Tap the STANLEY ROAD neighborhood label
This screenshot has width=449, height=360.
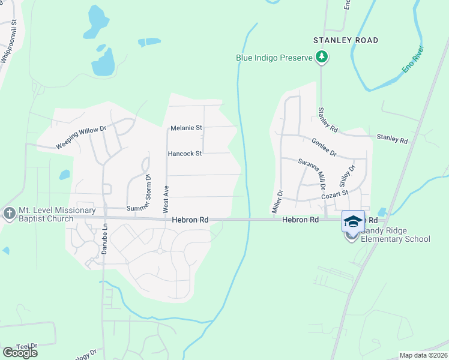click(346, 40)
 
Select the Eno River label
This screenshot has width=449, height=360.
click(414, 59)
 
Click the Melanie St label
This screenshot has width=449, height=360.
click(187, 128)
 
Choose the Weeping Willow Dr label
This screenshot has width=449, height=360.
click(81, 137)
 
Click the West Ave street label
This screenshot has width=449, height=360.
click(166, 199)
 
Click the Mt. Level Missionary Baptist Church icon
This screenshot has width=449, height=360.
click(9, 214)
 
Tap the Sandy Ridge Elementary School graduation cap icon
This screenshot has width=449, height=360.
click(353, 222)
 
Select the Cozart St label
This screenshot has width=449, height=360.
click(334, 194)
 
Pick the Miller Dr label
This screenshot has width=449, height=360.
click(277, 200)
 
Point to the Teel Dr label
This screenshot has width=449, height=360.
click(26, 346)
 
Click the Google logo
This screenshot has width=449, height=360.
click(20, 353)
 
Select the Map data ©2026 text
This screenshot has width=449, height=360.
click(423, 355)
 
